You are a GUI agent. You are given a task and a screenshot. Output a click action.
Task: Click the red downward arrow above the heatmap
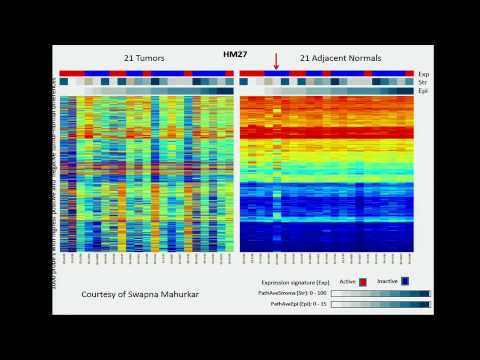point(276,61)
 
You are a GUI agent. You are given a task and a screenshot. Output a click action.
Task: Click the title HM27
point(236,56)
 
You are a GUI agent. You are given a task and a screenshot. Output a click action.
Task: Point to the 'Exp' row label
point(424,73)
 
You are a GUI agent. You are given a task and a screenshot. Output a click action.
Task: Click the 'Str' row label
point(423,82)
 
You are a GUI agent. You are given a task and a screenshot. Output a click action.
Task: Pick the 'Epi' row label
point(423,91)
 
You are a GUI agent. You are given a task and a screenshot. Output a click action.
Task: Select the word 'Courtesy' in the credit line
point(102,295)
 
